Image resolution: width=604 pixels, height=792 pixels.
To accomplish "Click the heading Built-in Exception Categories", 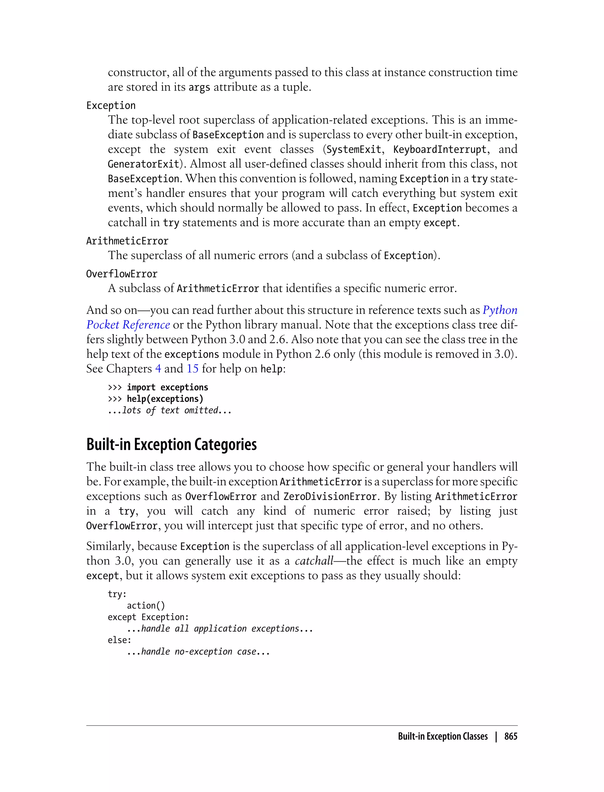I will (171, 445).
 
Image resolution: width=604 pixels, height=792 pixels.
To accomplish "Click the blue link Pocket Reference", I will (128, 325).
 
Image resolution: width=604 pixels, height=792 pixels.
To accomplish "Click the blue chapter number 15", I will (192, 369).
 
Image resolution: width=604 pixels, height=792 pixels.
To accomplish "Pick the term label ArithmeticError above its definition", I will (127, 241).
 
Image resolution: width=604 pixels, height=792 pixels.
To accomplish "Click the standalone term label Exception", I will (111, 105).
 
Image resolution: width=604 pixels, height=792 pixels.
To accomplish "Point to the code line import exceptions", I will (167, 387).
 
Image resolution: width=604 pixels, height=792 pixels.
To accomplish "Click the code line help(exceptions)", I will (165, 399).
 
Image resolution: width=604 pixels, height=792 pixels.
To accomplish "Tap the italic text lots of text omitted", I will (170, 410).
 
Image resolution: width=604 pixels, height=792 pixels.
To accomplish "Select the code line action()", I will (146, 605).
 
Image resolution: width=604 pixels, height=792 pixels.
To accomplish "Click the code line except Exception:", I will (148, 617).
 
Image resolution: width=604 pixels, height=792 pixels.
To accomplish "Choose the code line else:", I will (119, 640).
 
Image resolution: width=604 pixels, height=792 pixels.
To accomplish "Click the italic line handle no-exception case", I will (198, 651).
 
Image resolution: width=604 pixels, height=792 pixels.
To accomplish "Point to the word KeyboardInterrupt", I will (440, 149).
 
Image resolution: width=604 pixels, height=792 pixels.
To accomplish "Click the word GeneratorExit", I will (143, 164).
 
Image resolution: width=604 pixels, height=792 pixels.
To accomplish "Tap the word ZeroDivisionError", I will (330, 497).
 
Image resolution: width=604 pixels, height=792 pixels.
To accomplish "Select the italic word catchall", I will (314, 561).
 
